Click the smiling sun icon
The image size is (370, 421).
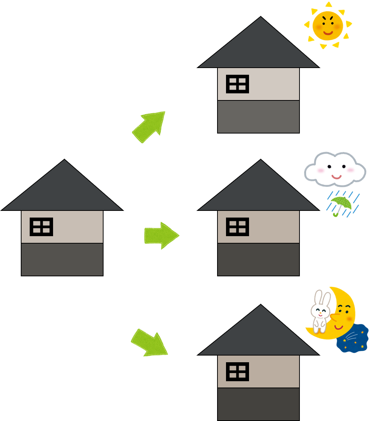[x=327, y=25]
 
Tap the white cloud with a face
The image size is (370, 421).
[x=335, y=170]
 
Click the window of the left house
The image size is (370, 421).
[x=41, y=227]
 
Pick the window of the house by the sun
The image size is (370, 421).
[x=238, y=84]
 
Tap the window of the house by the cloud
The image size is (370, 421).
[x=238, y=227]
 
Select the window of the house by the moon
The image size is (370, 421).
[x=238, y=372]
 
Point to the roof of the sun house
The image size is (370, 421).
[x=259, y=48]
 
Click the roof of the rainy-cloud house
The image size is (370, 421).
[x=259, y=192]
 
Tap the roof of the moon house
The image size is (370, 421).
[x=259, y=336]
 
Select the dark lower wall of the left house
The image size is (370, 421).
[x=62, y=260]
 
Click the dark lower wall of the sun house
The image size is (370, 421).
[x=258, y=117]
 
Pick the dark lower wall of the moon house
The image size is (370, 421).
[x=258, y=404]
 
